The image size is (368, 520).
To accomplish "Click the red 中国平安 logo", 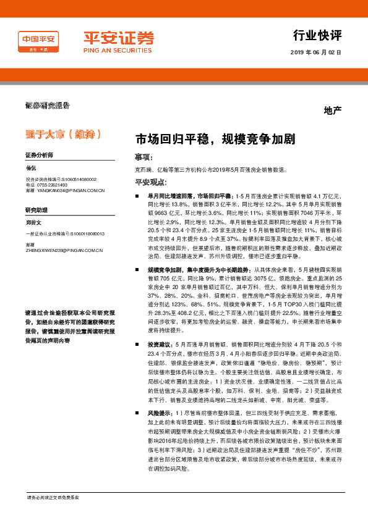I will tap(38, 41).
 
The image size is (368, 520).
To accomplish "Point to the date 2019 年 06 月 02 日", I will tap(315, 52).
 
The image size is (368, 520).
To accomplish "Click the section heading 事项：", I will tap(143, 157).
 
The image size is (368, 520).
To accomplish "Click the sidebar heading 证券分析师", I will tap(39, 154).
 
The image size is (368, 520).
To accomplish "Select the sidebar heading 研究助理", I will tap(36, 210).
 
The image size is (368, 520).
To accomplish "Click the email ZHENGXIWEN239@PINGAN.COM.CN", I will tap(64, 251).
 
